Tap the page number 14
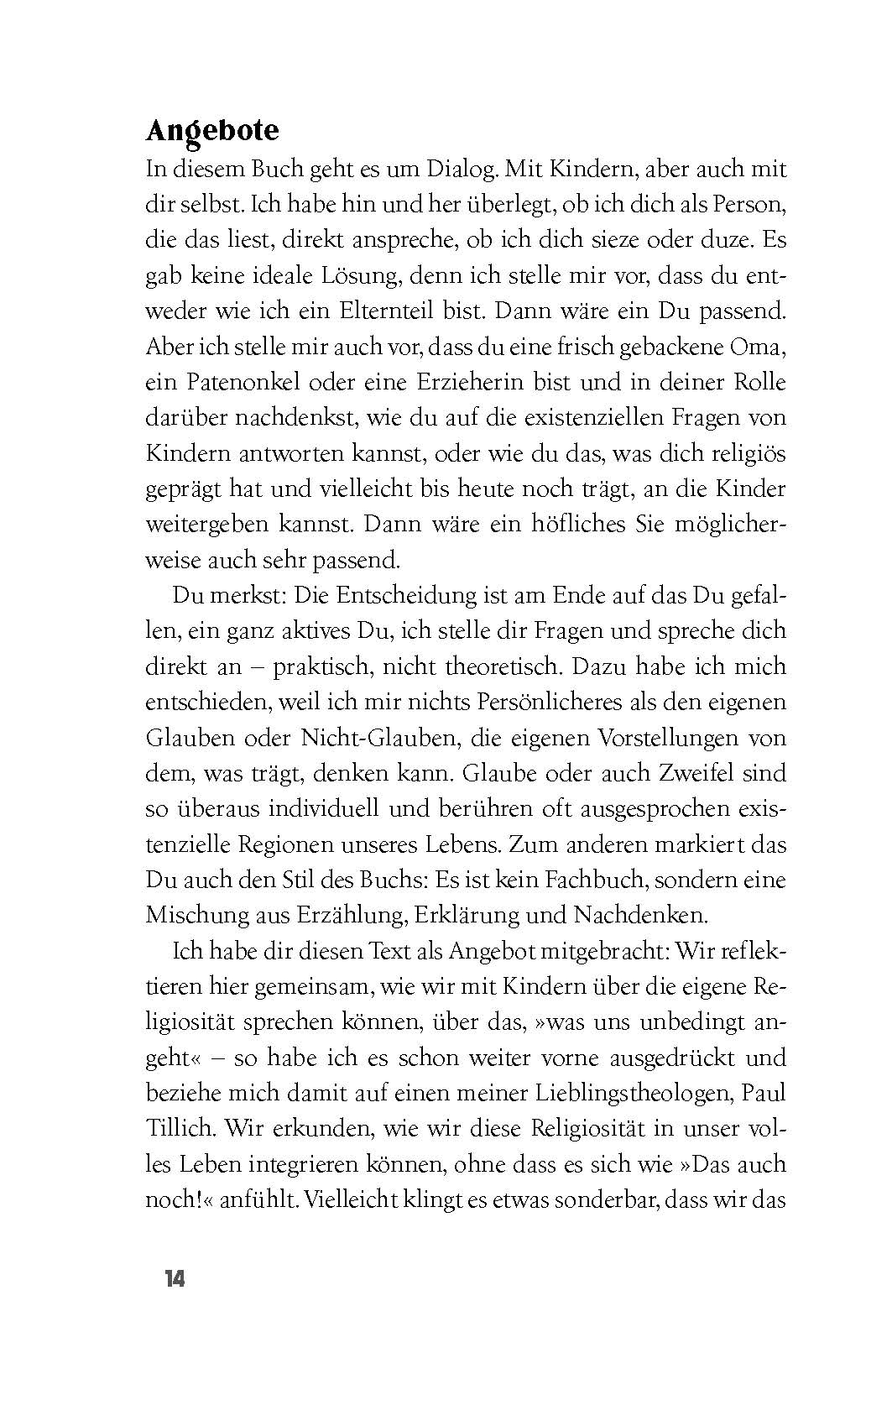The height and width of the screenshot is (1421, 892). click(175, 1279)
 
